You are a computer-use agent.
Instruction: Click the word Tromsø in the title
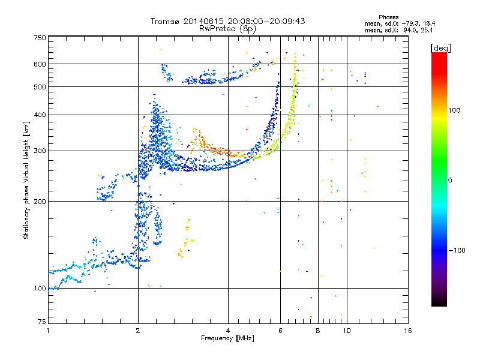click(166, 21)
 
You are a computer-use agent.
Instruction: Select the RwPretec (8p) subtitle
click(227, 29)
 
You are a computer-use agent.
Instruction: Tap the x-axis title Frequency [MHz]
click(227, 338)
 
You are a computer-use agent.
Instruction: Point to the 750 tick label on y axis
click(40, 38)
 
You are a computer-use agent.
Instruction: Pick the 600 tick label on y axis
click(40, 64)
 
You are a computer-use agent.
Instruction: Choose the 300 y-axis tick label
click(40, 151)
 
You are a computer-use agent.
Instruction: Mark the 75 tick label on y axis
click(42, 322)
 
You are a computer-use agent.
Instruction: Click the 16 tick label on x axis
click(408, 331)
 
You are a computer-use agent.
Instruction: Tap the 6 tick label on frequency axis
click(280, 331)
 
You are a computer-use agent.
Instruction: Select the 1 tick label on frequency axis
click(48, 331)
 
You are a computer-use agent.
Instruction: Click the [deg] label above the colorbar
click(440, 49)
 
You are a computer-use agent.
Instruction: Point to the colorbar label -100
click(457, 250)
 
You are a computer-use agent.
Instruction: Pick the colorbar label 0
click(450, 181)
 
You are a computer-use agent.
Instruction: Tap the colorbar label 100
click(454, 110)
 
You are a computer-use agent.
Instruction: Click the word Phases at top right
click(388, 17)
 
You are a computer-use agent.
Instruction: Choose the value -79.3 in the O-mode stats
click(410, 23)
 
